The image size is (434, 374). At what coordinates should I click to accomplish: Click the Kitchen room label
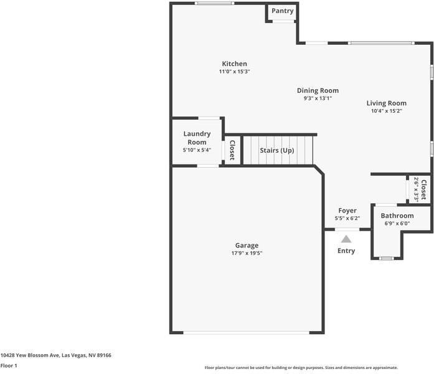coord(234,64)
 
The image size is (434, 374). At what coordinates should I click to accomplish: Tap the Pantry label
coord(282,11)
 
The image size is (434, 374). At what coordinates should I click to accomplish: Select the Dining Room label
coord(318,90)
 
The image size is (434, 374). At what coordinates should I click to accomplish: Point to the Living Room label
coord(386,103)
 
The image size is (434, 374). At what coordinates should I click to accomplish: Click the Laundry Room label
coord(197,138)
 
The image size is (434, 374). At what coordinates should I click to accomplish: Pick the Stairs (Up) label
coord(276,150)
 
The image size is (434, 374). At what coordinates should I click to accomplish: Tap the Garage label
coord(247,245)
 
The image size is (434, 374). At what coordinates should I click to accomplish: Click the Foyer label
coord(347,211)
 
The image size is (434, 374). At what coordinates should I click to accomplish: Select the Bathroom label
coord(397,216)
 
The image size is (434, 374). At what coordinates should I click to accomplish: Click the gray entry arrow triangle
coord(346,237)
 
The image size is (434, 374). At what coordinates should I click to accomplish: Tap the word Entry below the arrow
coord(346,251)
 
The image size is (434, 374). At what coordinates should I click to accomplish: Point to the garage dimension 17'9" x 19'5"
coord(247,253)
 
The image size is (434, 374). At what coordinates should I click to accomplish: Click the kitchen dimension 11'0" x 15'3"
coord(234,72)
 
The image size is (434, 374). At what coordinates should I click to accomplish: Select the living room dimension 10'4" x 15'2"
coord(386,111)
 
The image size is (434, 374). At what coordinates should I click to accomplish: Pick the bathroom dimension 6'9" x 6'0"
coord(397,223)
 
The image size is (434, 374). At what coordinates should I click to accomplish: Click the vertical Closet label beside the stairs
coord(232,150)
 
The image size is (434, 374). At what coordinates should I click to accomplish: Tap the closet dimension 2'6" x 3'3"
coord(416,189)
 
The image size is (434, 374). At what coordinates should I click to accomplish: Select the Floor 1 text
coord(9,365)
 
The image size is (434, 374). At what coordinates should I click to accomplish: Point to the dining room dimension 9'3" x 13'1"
coord(318,98)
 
